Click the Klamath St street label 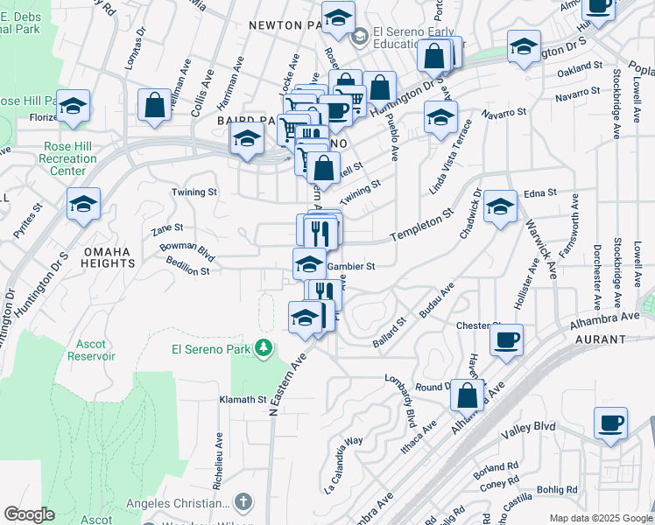pyautogui.click(x=243, y=399)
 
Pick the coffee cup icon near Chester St pyautogui.click(x=507, y=339)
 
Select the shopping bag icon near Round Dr pyautogui.click(x=468, y=395)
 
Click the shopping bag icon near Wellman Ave pyautogui.click(x=154, y=106)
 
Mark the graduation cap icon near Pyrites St pyautogui.click(x=84, y=205)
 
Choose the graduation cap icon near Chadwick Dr pyautogui.click(x=500, y=206)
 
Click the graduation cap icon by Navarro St pyautogui.click(x=440, y=117)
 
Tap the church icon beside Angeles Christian pyautogui.click(x=243, y=502)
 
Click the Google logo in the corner pyautogui.click(x=29, y=514)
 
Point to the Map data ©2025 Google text pyautogui.click(x=600, y=518)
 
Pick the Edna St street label pyautogui.click(x=539, y=192)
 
